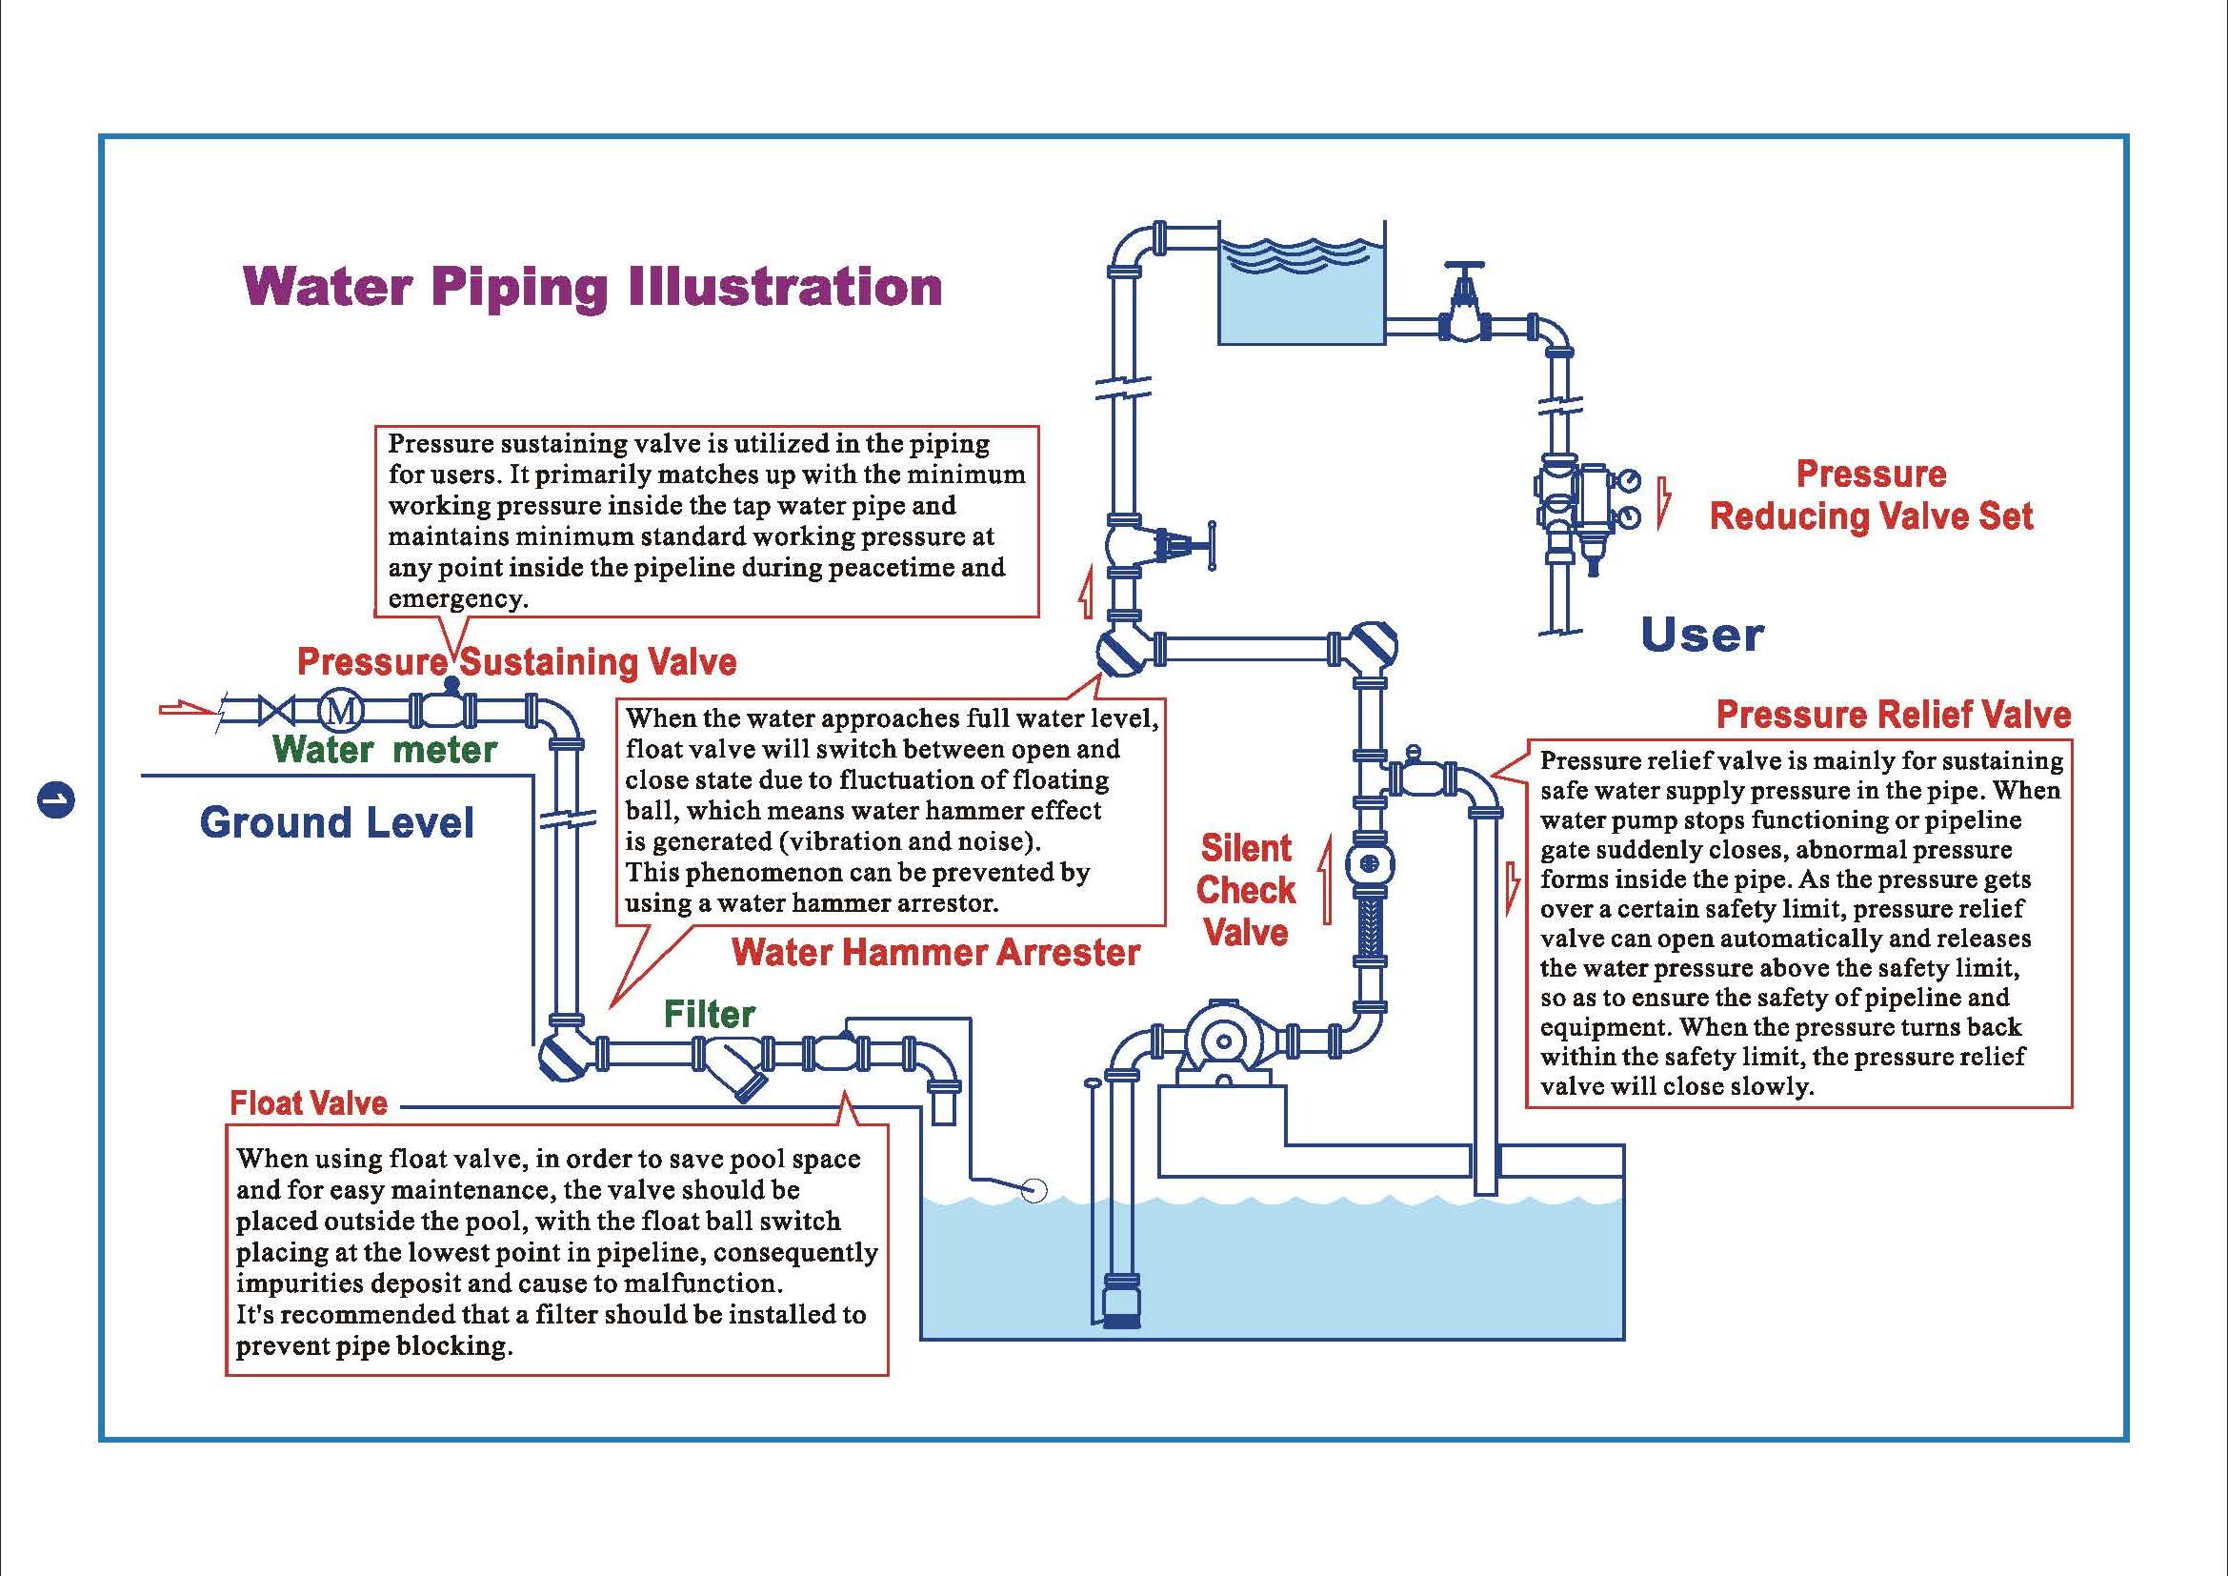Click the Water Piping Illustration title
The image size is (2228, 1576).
pyautogui.click(x=592, y=287)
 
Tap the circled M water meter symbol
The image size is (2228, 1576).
pyautogui.click(x=342, y=712)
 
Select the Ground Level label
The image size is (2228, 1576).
pyautogui.click(x=336, y=823)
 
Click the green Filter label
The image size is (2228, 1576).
pyautogui.click(x=710, y=1014)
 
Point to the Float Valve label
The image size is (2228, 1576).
pyautogui.click(x=309, y=1103)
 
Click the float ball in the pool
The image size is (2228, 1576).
pyautogui.click(x=1035, y=1190)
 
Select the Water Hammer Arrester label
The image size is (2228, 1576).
pyautogui.click(x=935, y=952)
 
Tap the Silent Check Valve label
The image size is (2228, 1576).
pyautogui.click(x=1246, y=890)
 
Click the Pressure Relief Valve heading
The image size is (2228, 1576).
pyautogui.click(x=1894, y=715)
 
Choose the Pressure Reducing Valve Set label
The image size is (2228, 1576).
pyautogui.click(x=1871, y=495)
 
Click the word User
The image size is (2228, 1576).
pyautogui.click(x=1702, y=636)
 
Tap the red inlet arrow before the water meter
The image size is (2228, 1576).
pyautogui.click(x=187, y=711)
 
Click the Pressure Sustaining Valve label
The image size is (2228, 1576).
pyautogui.click(x=516, y=662)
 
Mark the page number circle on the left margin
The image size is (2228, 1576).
pyautogui.click(x=56, y=800)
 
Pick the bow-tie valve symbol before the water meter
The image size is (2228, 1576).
pyautogui.click(x=279, y=712)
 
